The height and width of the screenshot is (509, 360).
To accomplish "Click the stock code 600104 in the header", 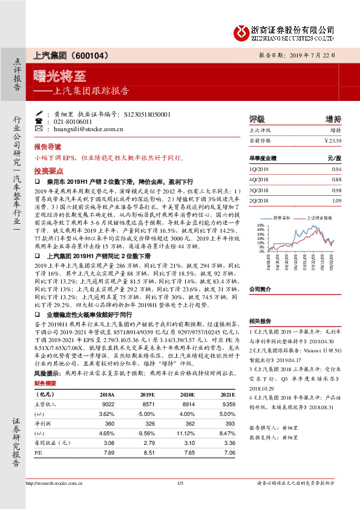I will [91, 56].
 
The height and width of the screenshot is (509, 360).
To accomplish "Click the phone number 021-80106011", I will [73, 122].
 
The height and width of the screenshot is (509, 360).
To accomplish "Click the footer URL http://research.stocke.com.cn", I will [55, 482].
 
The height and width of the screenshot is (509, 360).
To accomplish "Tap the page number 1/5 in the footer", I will [180, 482].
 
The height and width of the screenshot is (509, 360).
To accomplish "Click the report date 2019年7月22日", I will [313, 55].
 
